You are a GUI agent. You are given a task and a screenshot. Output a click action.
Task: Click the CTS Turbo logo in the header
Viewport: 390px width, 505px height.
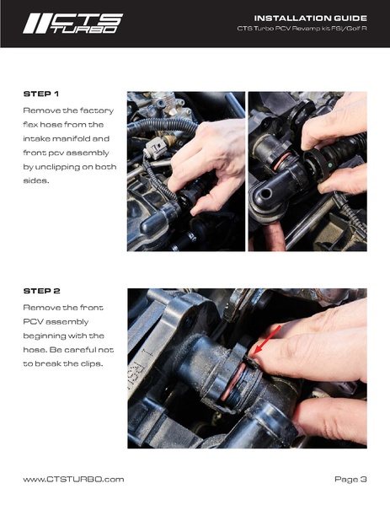click(72, 23)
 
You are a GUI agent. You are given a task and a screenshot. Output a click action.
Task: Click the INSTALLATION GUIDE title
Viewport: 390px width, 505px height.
click(310, 18)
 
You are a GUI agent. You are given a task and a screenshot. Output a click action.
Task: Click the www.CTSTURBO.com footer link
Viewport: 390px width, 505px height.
click(73, 479)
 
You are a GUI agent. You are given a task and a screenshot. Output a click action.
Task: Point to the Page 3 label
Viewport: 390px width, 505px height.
click(350, 479)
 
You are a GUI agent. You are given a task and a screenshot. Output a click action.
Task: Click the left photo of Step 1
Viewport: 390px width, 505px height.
click(185, 171)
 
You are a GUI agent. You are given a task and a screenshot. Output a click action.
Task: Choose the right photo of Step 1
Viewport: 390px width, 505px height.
click(307, 171)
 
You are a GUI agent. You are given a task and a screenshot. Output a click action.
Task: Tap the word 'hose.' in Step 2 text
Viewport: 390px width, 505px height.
click(38, 349)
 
